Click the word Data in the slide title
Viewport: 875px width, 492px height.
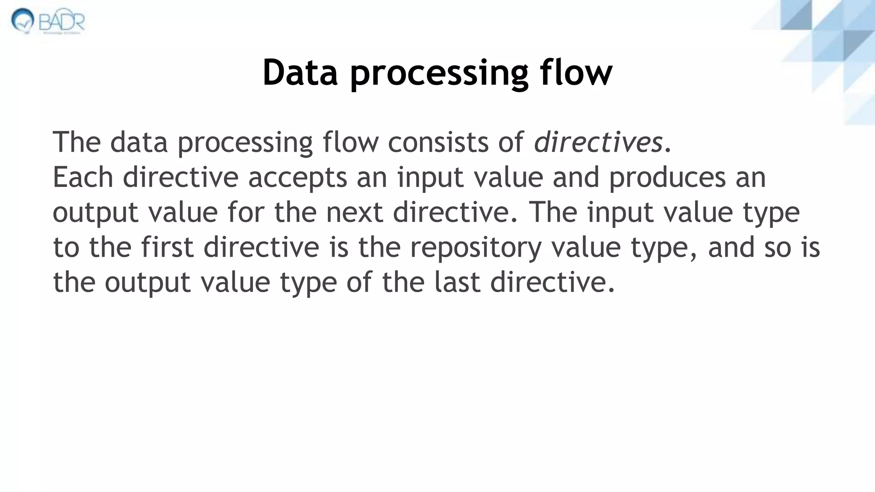pos(300,72)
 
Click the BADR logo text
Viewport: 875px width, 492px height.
pos(62,20)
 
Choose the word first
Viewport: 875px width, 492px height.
pos(167,247)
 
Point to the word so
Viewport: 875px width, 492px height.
pos(777,248)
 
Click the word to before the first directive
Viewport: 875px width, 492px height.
pos(66,247)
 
